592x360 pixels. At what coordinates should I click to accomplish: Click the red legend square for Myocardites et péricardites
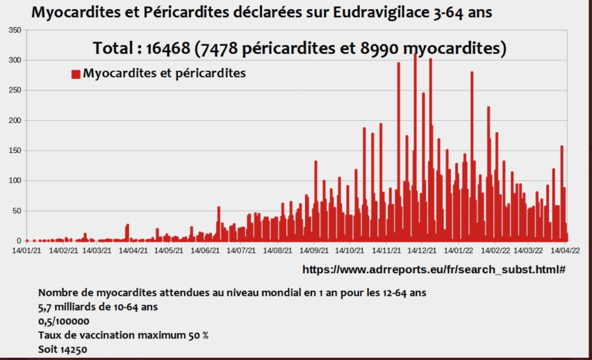75,74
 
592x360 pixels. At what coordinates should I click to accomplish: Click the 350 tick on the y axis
15,30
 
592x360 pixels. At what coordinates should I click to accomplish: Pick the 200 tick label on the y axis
15,120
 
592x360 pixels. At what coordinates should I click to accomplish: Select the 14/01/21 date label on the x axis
27,251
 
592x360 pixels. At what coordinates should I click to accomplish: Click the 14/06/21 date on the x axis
205,251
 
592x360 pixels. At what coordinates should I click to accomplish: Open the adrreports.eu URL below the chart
433,269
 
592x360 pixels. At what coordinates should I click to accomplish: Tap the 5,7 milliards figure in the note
64,307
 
